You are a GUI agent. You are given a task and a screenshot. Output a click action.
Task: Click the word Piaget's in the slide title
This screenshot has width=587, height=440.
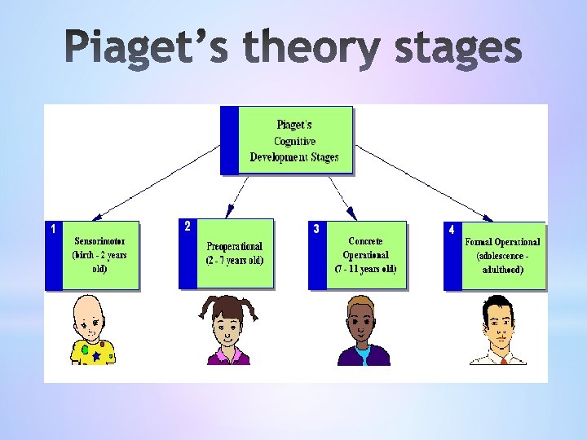pyautogui.click(x=147, y=48)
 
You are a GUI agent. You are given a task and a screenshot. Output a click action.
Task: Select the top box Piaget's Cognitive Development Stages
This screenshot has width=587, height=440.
pyautogui.click(x=295, y=140)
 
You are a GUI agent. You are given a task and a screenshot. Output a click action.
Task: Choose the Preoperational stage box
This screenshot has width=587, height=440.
pyautogui.click(x=235, y=253)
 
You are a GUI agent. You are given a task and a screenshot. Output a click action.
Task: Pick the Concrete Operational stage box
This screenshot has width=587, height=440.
pyautogui.click(x=365, y=255)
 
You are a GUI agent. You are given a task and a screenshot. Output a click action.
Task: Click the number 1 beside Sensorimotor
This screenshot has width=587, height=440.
pyautogui.click(x=53, y=229)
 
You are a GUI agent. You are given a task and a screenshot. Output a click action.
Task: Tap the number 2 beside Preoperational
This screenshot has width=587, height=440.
pyautogui.click(x=188, y=226)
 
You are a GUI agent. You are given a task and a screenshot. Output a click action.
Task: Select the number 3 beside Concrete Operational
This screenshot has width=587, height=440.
pyautogui.click(x=316, y=229)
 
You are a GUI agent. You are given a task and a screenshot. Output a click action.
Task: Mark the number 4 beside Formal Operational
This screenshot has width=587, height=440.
pyautogui.click(x=452, y=230)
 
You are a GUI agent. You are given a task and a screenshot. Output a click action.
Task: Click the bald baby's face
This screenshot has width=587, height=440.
pyautogui.click(x=91, y=320)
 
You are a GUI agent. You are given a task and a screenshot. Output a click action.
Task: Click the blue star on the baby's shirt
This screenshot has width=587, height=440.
pyautogui.click(x=96, y=356)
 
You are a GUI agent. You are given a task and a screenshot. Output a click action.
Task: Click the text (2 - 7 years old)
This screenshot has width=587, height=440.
pyautogui.click(x=235, y=261)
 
